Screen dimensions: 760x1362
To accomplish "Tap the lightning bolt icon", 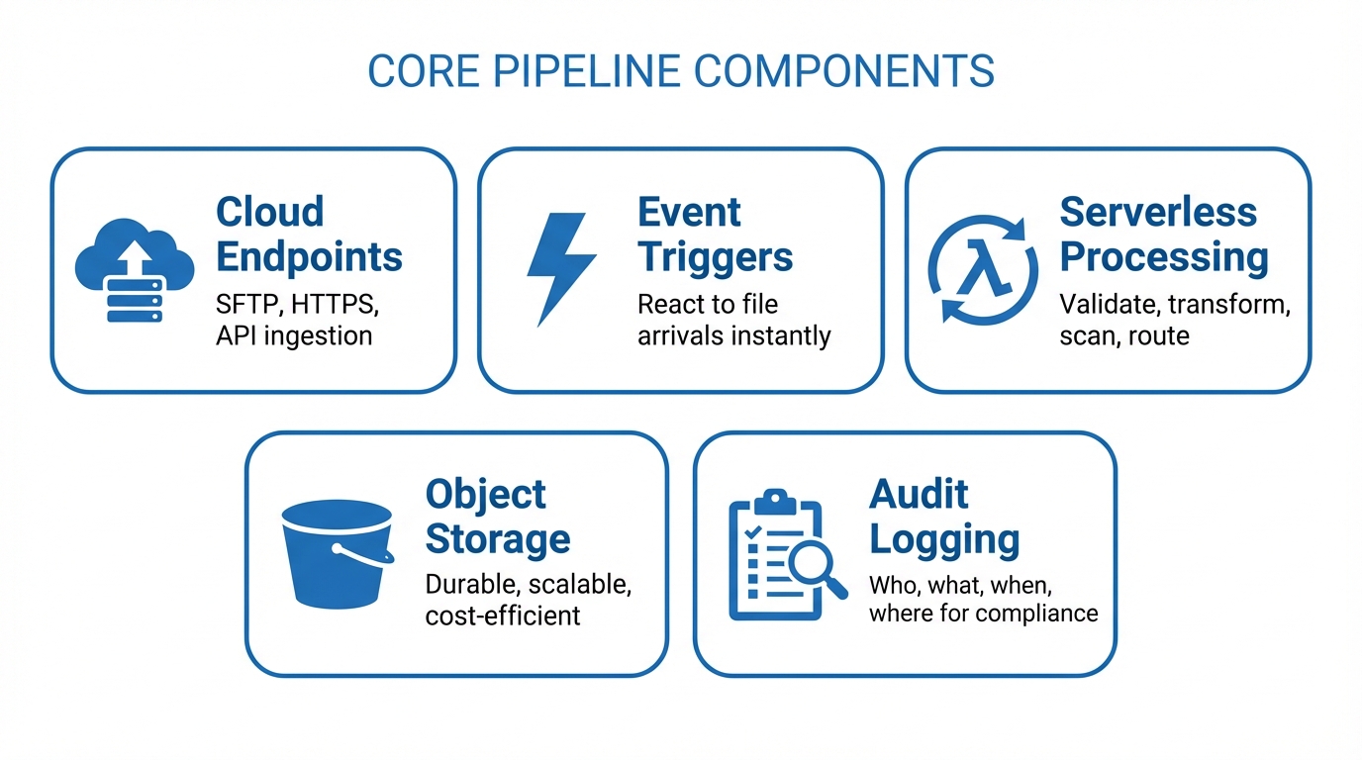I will click(559, 269).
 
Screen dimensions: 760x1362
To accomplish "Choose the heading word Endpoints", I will click(309, 257).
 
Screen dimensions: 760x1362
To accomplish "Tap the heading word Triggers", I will click(715, 257).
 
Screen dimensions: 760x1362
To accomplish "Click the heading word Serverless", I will click(1158, 212).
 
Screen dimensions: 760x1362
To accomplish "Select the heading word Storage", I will click(497, 539).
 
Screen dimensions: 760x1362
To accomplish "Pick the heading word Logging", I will click(943, 540).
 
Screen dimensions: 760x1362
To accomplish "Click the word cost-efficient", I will click(502, 616).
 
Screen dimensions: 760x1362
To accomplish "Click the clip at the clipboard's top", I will click(777, 499).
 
